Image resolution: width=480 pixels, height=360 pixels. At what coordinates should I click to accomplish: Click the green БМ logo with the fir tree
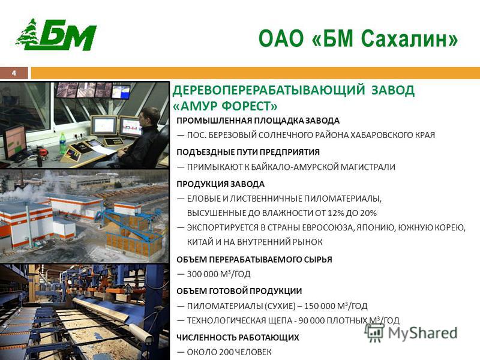point(56,34)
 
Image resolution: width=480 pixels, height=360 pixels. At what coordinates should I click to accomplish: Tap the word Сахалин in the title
point(409,39)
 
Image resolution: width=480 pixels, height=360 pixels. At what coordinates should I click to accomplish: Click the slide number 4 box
point(14,73)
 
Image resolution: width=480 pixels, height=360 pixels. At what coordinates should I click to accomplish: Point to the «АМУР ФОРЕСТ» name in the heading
point(226,106)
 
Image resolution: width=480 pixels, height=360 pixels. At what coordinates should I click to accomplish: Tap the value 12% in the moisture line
point(335,213)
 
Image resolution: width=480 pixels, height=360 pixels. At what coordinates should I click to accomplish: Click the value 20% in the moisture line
point(368,213)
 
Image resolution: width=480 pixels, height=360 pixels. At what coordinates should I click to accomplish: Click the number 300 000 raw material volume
point(202,274)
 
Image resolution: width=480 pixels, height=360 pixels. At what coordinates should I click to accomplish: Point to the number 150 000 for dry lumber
point(320,306)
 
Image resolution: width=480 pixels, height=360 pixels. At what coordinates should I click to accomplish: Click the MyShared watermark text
point(422,333)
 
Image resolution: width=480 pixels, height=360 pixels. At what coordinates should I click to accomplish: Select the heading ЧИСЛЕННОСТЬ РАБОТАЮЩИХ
point(238,337)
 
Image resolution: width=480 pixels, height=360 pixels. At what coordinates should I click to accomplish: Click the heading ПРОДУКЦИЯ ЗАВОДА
point(220,184)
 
